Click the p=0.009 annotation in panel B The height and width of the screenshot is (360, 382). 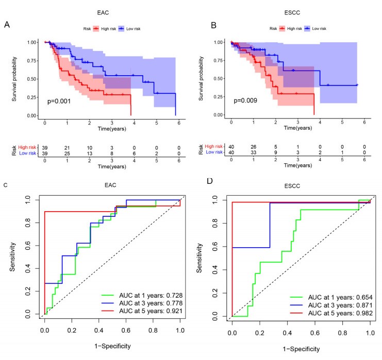point(249,101)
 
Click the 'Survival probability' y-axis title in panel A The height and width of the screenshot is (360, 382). point(15,77)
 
